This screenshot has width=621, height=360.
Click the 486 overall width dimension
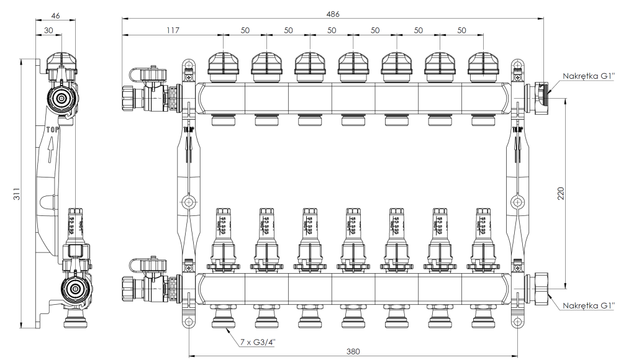pos(332,13)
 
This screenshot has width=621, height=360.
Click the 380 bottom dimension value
pos(353,351)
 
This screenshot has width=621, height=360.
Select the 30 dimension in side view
pos(49,29)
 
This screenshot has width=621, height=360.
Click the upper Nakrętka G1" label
pos(588,76)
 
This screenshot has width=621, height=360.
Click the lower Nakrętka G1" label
pos(588,305)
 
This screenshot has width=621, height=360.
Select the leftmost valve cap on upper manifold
pos(222,63)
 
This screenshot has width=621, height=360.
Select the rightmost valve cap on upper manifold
pos(482,63)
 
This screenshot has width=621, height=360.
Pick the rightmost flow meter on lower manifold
pos(482,227)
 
